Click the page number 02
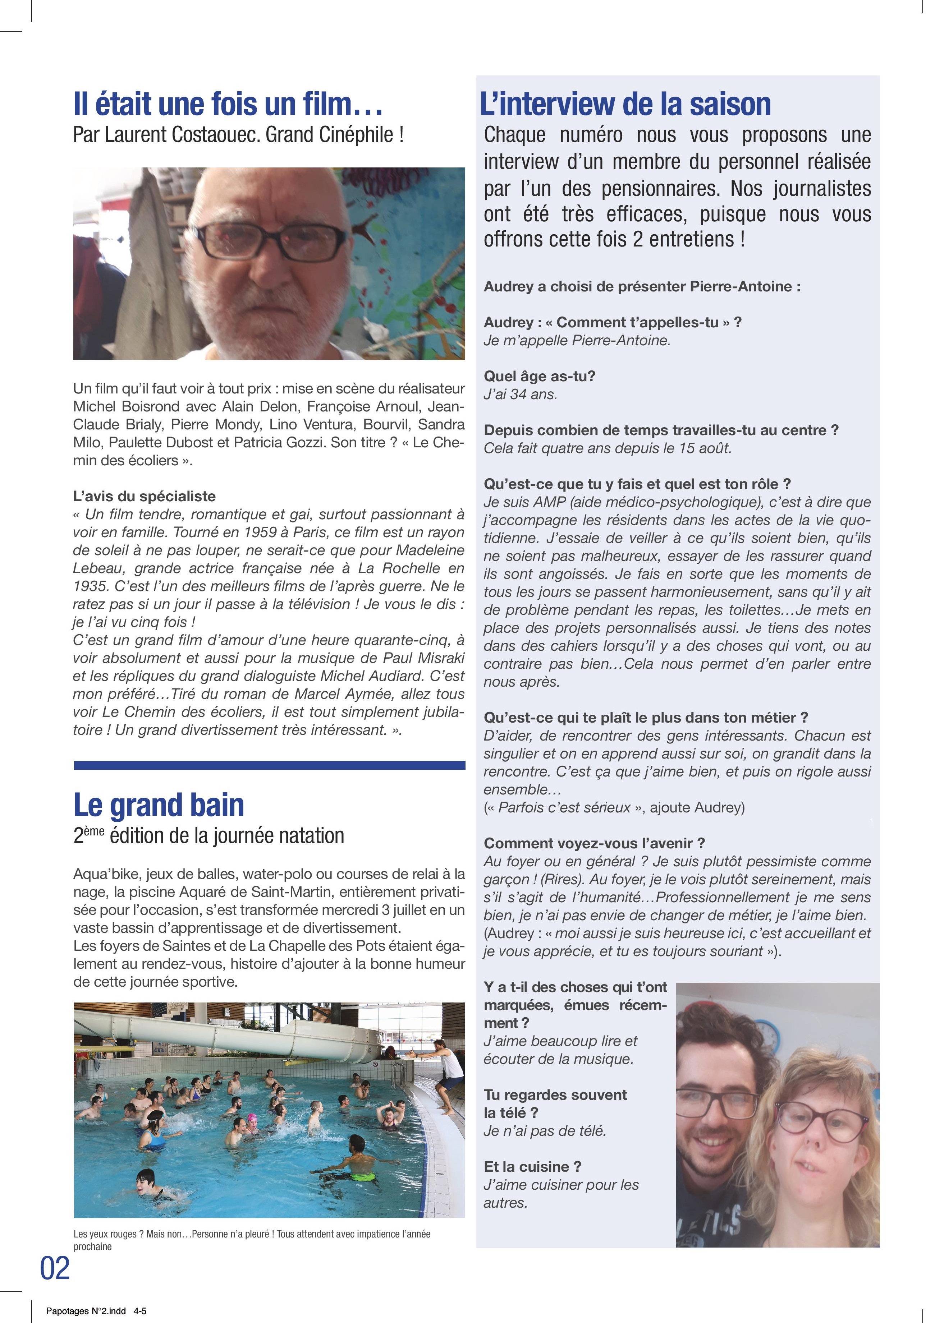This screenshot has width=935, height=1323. [55, 1268]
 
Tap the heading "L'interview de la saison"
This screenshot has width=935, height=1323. [625, 104]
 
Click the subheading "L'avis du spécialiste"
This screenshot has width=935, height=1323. [144, 496]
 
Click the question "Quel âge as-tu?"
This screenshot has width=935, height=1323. [540, 376]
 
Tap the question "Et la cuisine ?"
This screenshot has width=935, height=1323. [533, 1167]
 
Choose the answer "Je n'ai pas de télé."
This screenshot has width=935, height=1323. [545, 1130]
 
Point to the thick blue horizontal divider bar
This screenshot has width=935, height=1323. [269, 765]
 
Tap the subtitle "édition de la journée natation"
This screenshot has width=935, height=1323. [226, 835]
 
